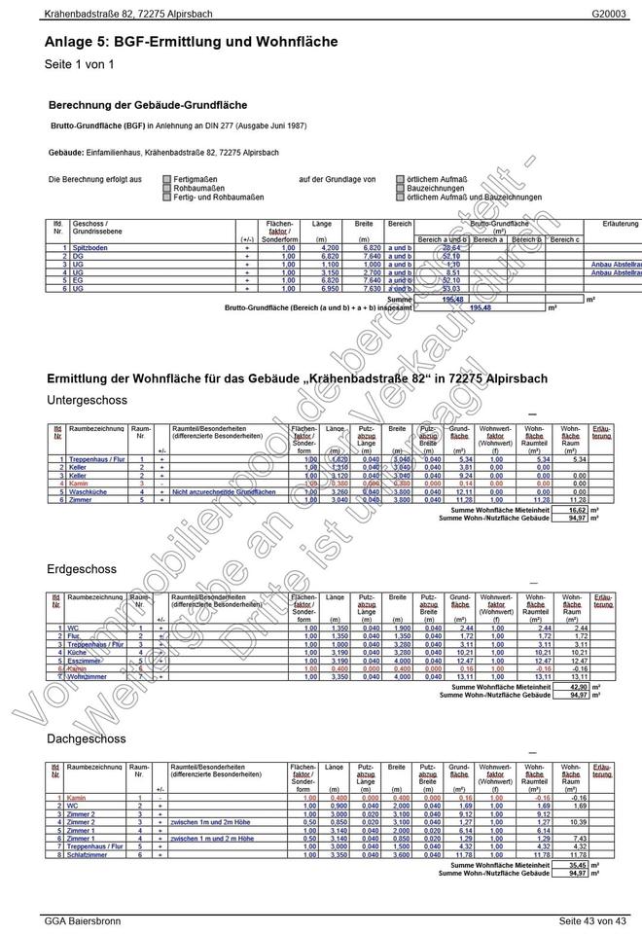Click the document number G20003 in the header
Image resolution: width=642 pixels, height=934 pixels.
(x=609, y=15)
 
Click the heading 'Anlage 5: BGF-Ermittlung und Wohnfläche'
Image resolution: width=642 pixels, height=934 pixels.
(x=191, y=42)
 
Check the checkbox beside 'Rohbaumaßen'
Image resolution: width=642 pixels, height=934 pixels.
(x=166, y=189)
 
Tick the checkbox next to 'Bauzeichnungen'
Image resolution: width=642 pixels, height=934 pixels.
(x=400, y=189)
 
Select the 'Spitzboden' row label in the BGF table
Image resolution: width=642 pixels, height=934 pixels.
(x=90, y=248)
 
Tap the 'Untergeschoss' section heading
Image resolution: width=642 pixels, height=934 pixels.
(x=88, y=400)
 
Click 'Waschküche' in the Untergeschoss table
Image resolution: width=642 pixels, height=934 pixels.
(x=87, y=492)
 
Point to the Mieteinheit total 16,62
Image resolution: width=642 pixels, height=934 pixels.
(x=577, y=509)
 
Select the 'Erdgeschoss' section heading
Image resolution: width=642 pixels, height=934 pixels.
(x=82, y=569)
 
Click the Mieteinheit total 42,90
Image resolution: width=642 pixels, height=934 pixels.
(x=577, y=687)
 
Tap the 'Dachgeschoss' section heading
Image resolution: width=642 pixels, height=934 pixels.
(x=87, y=739)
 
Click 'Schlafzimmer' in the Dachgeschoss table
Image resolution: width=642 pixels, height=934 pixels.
(x=89, y=854)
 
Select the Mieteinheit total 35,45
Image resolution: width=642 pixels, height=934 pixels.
(x=577, y=864)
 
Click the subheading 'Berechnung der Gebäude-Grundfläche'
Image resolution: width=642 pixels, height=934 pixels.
(x=147, y=104)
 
